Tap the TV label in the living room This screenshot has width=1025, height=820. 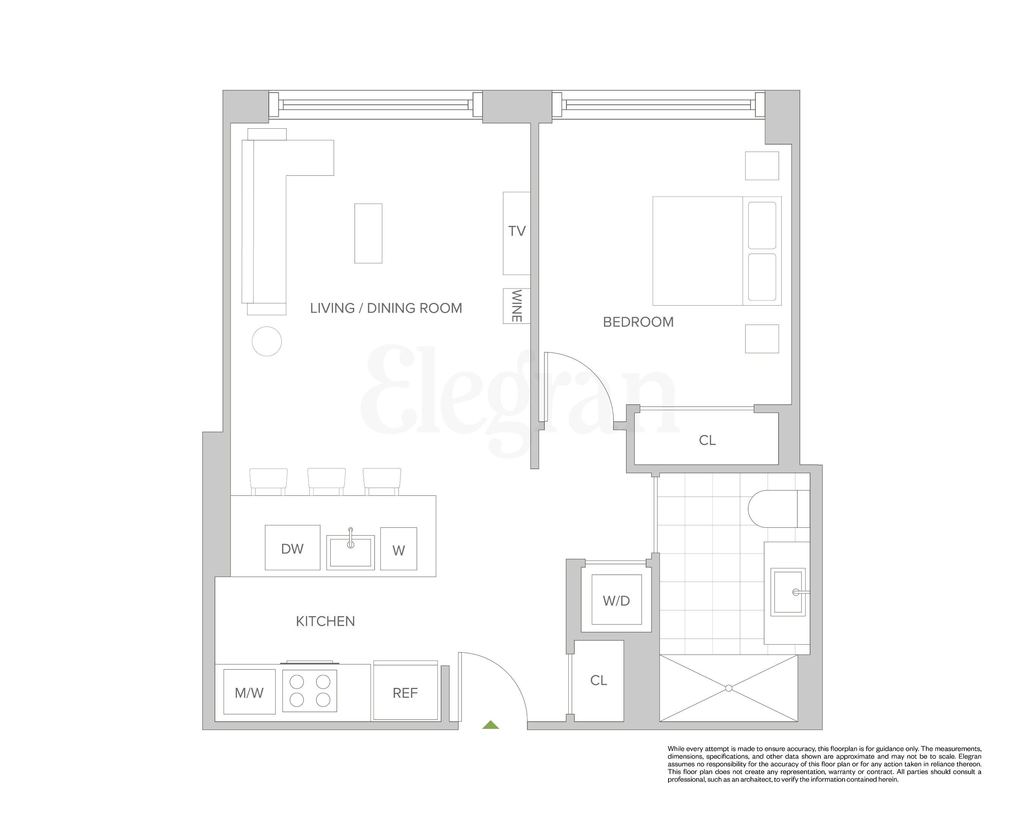(x=517, y=232)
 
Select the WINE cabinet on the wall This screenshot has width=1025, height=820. (x=516, y=306)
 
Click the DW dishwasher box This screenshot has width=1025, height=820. (x=292, y=549)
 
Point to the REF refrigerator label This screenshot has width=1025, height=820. (x=405, y=693)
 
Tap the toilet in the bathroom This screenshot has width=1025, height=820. (x=775, y=509)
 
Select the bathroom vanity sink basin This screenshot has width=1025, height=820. (x=787, y=592)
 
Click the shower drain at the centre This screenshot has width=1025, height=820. (x=729, y=688)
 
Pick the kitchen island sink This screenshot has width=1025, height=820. (x=350, y=552)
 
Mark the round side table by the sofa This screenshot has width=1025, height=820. (x=267, y=341)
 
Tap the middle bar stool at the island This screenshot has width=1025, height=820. (x=326, y=481)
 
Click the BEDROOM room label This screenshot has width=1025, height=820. (x=638, y=322)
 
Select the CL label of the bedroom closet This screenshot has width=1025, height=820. (x=707, y=440)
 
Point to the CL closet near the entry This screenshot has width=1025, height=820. (x=599, y=681)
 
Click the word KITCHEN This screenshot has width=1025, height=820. (x=325, y=621)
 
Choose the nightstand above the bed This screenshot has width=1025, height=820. (x=762, y=166)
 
